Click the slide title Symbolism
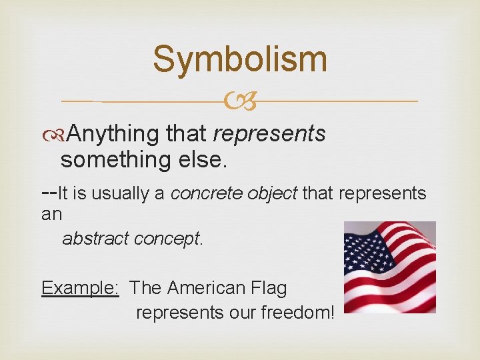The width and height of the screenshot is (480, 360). (x=240, y=59)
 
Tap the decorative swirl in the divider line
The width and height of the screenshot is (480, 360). (x=240, y=101)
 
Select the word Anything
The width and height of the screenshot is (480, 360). (x=113, y=134)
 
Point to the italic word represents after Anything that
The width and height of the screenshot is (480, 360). (x=269, y=134)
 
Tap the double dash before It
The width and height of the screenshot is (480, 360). (x=49, y=193)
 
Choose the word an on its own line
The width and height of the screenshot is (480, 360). (x=51, y=215)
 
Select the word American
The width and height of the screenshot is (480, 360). (x=207, y=288)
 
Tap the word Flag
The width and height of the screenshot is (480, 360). (x=269, y=288)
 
